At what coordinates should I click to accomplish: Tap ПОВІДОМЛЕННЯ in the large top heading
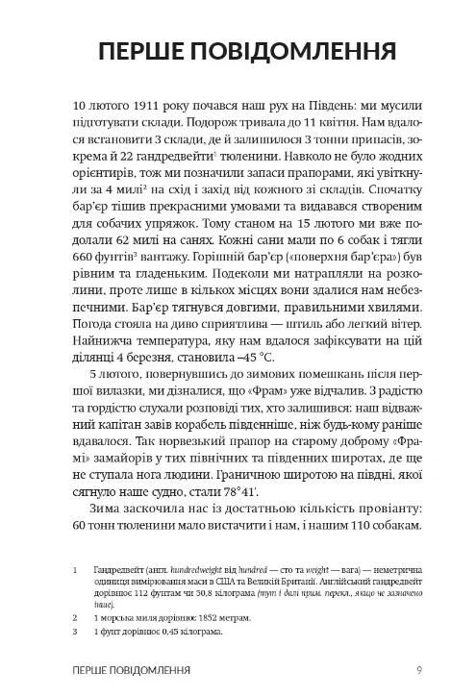305,50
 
